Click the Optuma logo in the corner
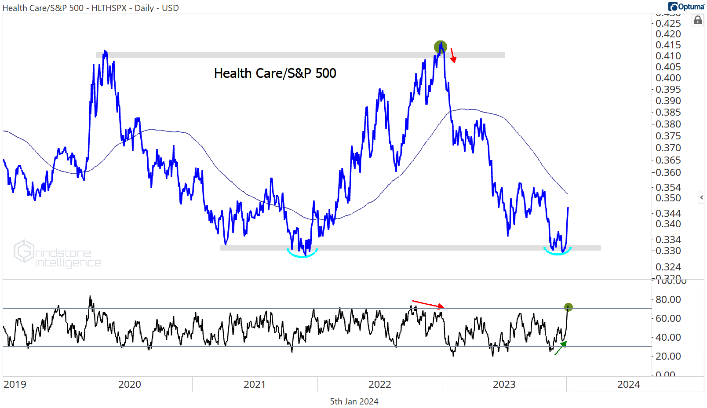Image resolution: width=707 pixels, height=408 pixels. point(686,6)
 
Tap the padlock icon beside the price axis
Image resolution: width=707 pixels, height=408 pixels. point(697,20)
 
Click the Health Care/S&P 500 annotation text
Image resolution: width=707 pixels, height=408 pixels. point(275,73)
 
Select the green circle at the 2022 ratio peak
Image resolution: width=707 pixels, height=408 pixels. point(440,47)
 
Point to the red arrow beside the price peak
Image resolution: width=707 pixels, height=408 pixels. point(453,56)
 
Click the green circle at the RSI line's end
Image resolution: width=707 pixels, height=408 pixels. point(568,307)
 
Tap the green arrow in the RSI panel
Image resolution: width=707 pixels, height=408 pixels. point(561,348)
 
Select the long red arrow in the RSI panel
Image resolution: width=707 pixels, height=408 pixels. point(428,304)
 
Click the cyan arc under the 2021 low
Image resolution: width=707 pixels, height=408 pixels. point(302,253)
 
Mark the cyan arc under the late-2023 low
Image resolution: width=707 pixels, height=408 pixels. point(557,252)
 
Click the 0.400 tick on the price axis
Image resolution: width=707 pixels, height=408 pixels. point(668,78)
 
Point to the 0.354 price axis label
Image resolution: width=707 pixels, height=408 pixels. point(668,187)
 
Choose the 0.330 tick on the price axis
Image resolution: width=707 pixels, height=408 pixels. point(668,251)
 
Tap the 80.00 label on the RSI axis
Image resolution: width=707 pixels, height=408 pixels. point(668,299)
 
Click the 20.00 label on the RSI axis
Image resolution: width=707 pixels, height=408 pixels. point(668,356)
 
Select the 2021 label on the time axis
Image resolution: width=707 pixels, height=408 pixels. point(255,384)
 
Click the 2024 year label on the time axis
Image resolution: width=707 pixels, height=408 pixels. point(628,384)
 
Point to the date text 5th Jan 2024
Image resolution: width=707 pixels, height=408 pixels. point(354,401)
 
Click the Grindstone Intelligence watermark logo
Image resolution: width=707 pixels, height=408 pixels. point(57,254)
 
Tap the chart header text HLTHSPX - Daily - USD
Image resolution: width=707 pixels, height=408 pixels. point(135,8)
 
